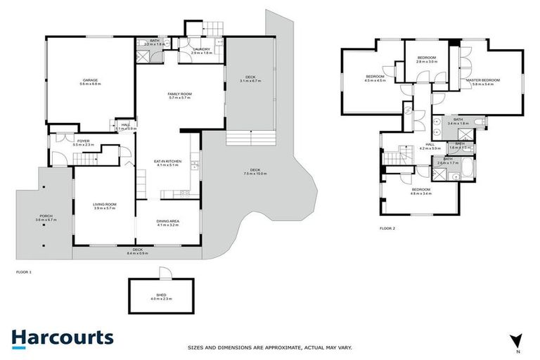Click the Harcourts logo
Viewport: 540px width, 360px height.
click(62, 337)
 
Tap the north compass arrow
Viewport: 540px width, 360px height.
click(518, 340)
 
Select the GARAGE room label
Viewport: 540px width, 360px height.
click(90, 80)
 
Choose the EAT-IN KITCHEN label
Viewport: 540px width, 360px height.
click(168, 161)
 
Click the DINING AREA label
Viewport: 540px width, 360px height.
click(168, 221)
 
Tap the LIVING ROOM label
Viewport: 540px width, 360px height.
click(104, 205)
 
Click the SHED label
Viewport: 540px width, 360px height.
click(161, 295)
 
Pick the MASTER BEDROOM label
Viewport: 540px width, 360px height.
click(483, 80)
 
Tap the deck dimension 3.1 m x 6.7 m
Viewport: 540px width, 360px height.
click(250, 81)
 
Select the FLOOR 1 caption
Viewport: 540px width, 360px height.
click(25, 271)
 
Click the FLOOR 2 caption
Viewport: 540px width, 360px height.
click(387, 229)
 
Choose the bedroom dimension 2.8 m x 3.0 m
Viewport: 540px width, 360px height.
click(427, 62)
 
